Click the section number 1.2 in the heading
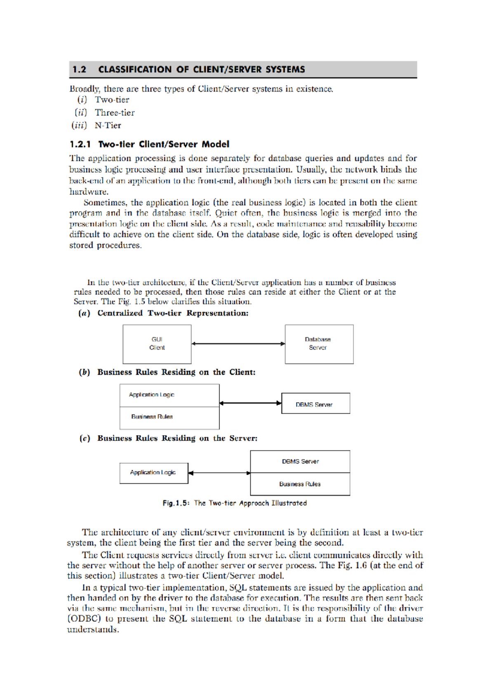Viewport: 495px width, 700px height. click(79, 69)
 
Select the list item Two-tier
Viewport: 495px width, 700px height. click(112, 100)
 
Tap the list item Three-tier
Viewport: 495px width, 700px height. click(115, 113)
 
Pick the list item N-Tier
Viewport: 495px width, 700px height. click(108, 125)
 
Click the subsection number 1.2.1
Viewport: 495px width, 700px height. click(80, 144)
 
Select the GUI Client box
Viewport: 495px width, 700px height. click(157, 344)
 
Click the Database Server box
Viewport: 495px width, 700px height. click(319, 344)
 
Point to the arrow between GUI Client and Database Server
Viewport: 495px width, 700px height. click(238, 343)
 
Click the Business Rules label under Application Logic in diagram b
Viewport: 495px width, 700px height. click(152, 417)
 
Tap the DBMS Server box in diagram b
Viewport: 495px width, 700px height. click(315, 404)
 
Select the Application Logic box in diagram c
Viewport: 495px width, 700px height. click(153, 473)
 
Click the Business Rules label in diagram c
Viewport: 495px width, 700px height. click(300, 484)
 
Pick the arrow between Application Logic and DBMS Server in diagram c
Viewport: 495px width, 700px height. click(219, 473)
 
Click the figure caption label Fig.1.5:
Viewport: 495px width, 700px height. click(176, 503)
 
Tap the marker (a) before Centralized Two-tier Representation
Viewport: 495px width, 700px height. click(85, 313)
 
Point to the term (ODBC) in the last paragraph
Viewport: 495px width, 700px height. click(84, 619)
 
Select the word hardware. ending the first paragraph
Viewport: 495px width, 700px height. click(89, 192)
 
